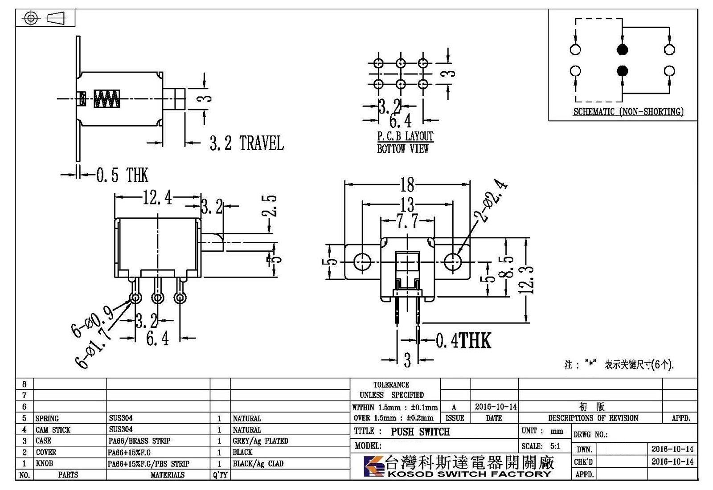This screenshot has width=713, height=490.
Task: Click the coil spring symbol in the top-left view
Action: [107, 98]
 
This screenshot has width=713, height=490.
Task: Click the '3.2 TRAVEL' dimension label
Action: [246, 143]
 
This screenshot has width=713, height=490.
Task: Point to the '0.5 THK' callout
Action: [122, 175]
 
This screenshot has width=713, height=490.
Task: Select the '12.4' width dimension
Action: [157, 197]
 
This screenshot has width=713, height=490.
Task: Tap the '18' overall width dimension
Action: [407, 184]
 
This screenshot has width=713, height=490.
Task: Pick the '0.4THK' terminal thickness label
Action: [463, 340]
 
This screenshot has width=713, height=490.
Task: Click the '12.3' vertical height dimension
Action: [526, 280]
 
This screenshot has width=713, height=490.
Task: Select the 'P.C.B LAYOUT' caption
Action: [405, 136]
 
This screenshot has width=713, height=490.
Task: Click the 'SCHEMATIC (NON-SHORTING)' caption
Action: [628, 112]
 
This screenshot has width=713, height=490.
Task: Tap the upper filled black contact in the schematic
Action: [622, 49]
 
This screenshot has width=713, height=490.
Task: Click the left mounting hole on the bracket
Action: [362, 261]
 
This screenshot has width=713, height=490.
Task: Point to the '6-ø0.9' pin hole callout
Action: [92, 321]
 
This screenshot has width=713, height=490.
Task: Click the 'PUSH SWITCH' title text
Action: [420, 432]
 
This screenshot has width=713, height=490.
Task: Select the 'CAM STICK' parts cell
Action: [53, 430]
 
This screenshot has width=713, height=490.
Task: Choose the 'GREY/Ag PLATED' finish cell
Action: [260, 441]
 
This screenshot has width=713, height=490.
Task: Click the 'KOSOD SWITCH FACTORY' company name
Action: [470, 474]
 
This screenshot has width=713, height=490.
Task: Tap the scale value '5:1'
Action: [555, 446]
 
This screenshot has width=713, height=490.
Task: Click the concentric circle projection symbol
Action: [31, 18]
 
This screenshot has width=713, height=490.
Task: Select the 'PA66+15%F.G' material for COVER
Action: [129, 453]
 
